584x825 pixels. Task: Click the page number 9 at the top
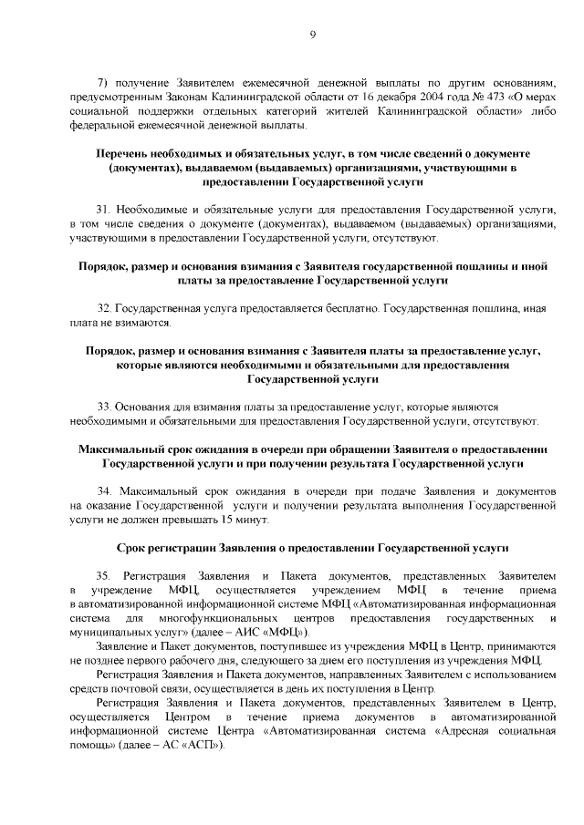pyautogui.click(x=312, y=34)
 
